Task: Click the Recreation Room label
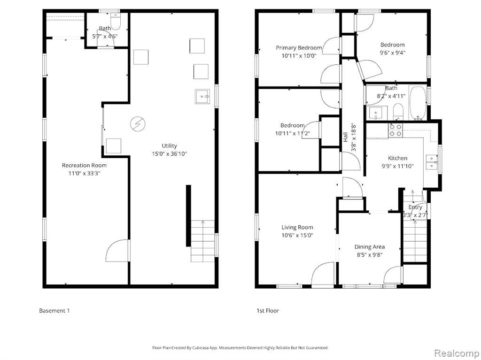(85, 165)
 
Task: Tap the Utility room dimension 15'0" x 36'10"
(169, 153)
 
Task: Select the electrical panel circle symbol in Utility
(136, 123)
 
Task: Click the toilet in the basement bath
(116, 19)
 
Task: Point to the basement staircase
(203, 241)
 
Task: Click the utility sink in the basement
(202, 97)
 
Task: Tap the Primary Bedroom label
(299, 48)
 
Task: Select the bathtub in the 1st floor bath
(418, 103)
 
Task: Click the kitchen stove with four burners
(396, 130)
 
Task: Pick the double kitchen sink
(432, 162)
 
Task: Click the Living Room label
(297, 227)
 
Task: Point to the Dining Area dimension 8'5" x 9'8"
(369, 255)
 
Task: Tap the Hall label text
(345, 137)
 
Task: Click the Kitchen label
(397, 158)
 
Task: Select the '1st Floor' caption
(268, 311)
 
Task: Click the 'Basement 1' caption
(54, 311)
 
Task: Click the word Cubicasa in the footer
(201, 348)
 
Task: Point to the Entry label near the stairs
(415, 207)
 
